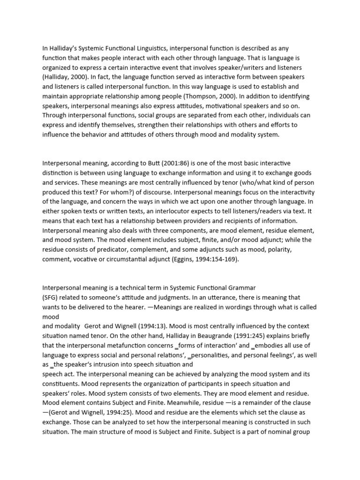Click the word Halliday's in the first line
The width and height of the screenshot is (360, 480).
tap(64, 48)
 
